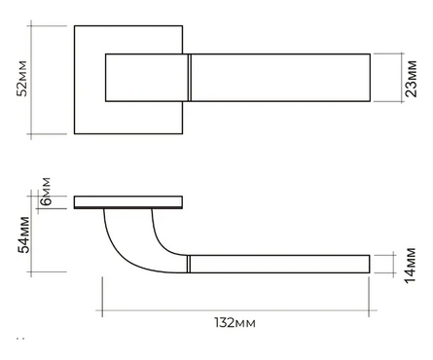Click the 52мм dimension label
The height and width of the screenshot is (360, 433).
(x=22, y=79)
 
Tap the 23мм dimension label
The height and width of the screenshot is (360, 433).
(x=411, y=79)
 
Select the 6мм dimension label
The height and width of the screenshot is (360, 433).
(x=46, y=192)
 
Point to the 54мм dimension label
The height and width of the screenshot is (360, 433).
(x=23, y=234)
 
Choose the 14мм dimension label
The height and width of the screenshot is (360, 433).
(x=411, y=266)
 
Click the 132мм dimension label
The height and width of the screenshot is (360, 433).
(x=235, y=323)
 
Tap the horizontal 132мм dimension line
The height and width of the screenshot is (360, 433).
(x=236, y=310)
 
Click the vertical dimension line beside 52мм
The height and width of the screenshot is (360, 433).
(x=31, y=80)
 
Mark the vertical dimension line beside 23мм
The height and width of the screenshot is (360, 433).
(x=402, y=78)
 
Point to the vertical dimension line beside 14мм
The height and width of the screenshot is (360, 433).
(x=393, y=264)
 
